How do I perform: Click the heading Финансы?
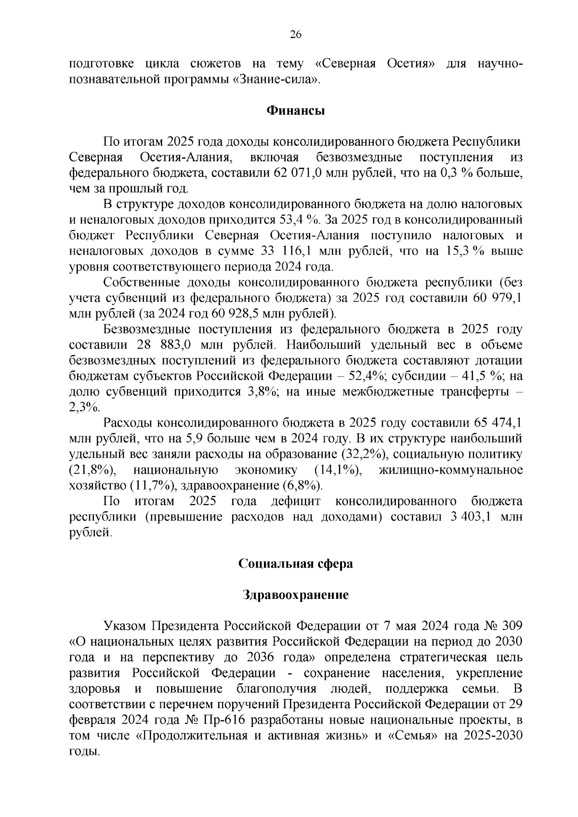[296, 111]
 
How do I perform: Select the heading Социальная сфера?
[296, 564]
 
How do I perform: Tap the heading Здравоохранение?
[296, 595]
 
